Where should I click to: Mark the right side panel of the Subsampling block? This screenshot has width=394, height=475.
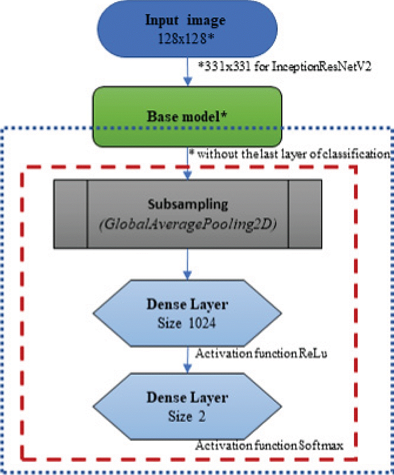tap(305, 214)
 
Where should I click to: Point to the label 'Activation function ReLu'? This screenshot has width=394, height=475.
tap(262, 354)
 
